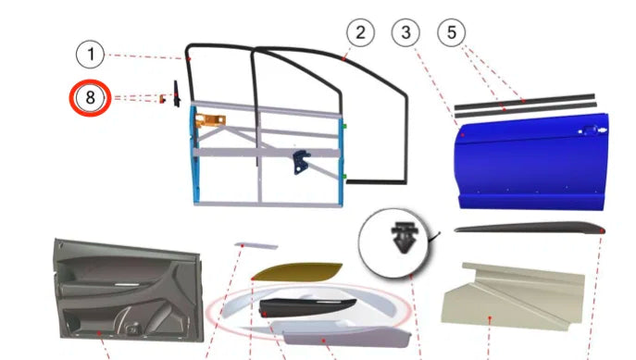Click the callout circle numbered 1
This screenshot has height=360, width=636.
click(91, 54)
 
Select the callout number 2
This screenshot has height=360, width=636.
click(361, 32)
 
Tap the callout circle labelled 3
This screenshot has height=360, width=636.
click(405, 32)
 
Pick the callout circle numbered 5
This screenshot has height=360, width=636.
click(452, 32)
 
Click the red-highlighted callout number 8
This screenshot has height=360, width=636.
click(90, 98)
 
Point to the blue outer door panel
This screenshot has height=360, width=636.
click(531, 162)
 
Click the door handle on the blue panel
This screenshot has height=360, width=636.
click(592, 130)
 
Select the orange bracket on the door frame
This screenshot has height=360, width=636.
click(210, 120)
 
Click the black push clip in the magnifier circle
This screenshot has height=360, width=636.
click(404, 237)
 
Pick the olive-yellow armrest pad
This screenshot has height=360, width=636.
click(297, 272)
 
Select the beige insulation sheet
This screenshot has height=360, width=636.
click(513, 296)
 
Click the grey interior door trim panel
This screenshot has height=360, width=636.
click(128, 290)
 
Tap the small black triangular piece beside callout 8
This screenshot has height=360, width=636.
click(177, 94)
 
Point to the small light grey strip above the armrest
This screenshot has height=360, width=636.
click(256, 245)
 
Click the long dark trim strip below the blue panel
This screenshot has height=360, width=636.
click(530, 228)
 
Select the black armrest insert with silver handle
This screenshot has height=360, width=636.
click(307, 308)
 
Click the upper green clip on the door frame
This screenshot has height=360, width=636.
click(344, 127)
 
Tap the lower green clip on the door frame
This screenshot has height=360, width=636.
click(344, 177)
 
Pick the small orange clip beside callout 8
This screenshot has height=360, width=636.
click(162, 98)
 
